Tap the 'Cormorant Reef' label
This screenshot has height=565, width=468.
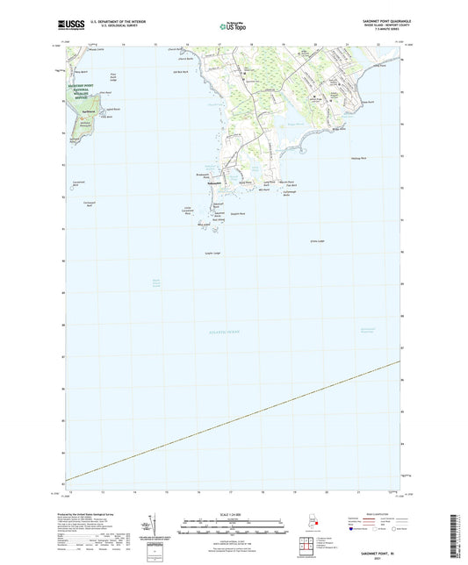(x=76, y=204)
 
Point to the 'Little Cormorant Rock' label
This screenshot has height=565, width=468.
(x=199, y=211)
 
